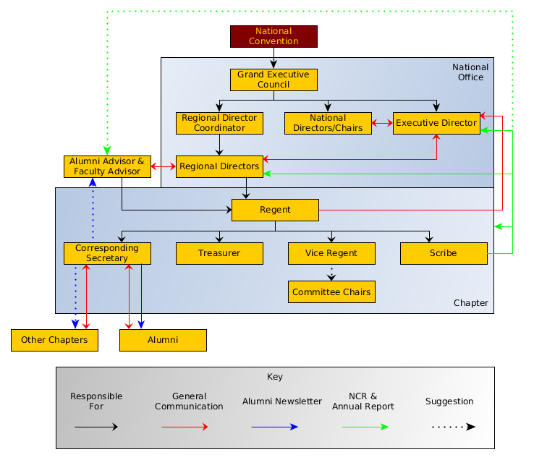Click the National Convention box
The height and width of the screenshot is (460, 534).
274,36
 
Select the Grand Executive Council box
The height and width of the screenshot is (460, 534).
274,80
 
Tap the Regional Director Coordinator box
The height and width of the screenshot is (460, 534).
219,123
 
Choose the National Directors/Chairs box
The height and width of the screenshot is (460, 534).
328,123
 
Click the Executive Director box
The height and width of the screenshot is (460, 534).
436,123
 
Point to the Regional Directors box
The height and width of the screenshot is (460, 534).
219,166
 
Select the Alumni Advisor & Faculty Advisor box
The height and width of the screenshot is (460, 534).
107,166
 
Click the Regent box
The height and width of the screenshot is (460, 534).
275,210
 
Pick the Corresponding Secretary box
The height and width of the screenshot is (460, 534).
107,253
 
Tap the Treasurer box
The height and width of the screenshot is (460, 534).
219,253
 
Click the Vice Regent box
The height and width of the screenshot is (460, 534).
331,253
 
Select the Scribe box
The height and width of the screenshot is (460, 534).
444,253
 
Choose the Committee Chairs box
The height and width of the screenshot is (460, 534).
331,292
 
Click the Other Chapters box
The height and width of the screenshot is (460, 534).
54,340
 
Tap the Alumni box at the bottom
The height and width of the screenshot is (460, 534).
163,340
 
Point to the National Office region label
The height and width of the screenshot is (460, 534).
470,72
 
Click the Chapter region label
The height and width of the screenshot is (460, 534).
470,303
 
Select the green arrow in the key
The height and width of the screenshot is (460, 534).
365,427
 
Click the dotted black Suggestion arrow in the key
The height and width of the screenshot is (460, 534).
453,427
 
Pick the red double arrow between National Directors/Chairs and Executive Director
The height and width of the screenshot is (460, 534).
382,124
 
